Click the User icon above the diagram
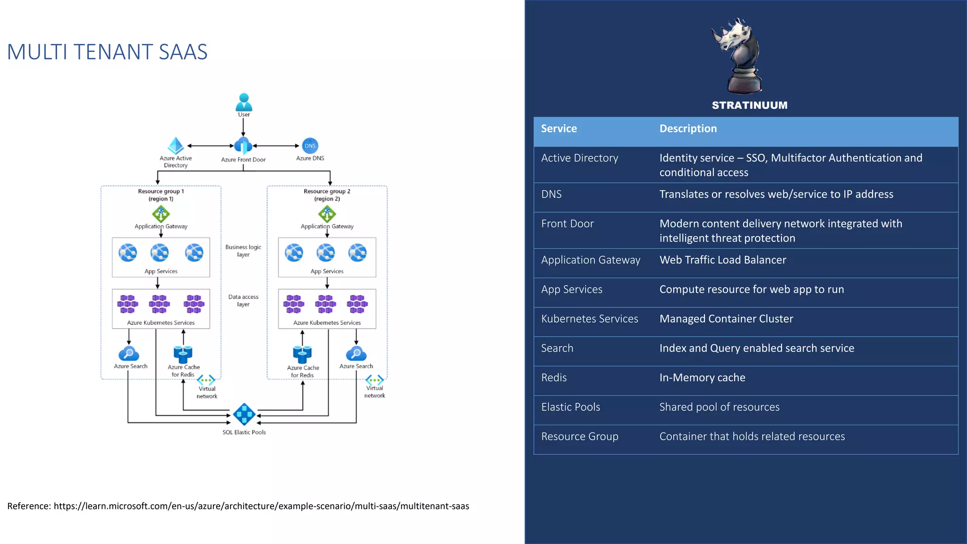tap(244, 102)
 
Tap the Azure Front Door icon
tap(243, 145)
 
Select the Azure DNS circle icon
tap(310, 145)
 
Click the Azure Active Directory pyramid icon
tap(176, 145)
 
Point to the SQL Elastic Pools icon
tap(244, 415)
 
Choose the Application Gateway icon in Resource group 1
tap(161, 214)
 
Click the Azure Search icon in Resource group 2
tap(356, 354)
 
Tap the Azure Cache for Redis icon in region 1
tap(183, 354)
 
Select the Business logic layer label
tap(243, 251)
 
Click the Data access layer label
tap(243, 300)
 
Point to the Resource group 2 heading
tap(327, 195)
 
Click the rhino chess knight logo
tap(737, 56)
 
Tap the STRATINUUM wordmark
tap(749, 105)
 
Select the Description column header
tap(688, 128)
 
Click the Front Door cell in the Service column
tap(567, 224)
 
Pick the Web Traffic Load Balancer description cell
tap(722, 260)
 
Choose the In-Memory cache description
tap(702, 378)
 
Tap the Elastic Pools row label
tap(570, 407)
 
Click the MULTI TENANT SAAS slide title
tap(107, 52)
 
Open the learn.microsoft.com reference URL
tap(261, 506)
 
